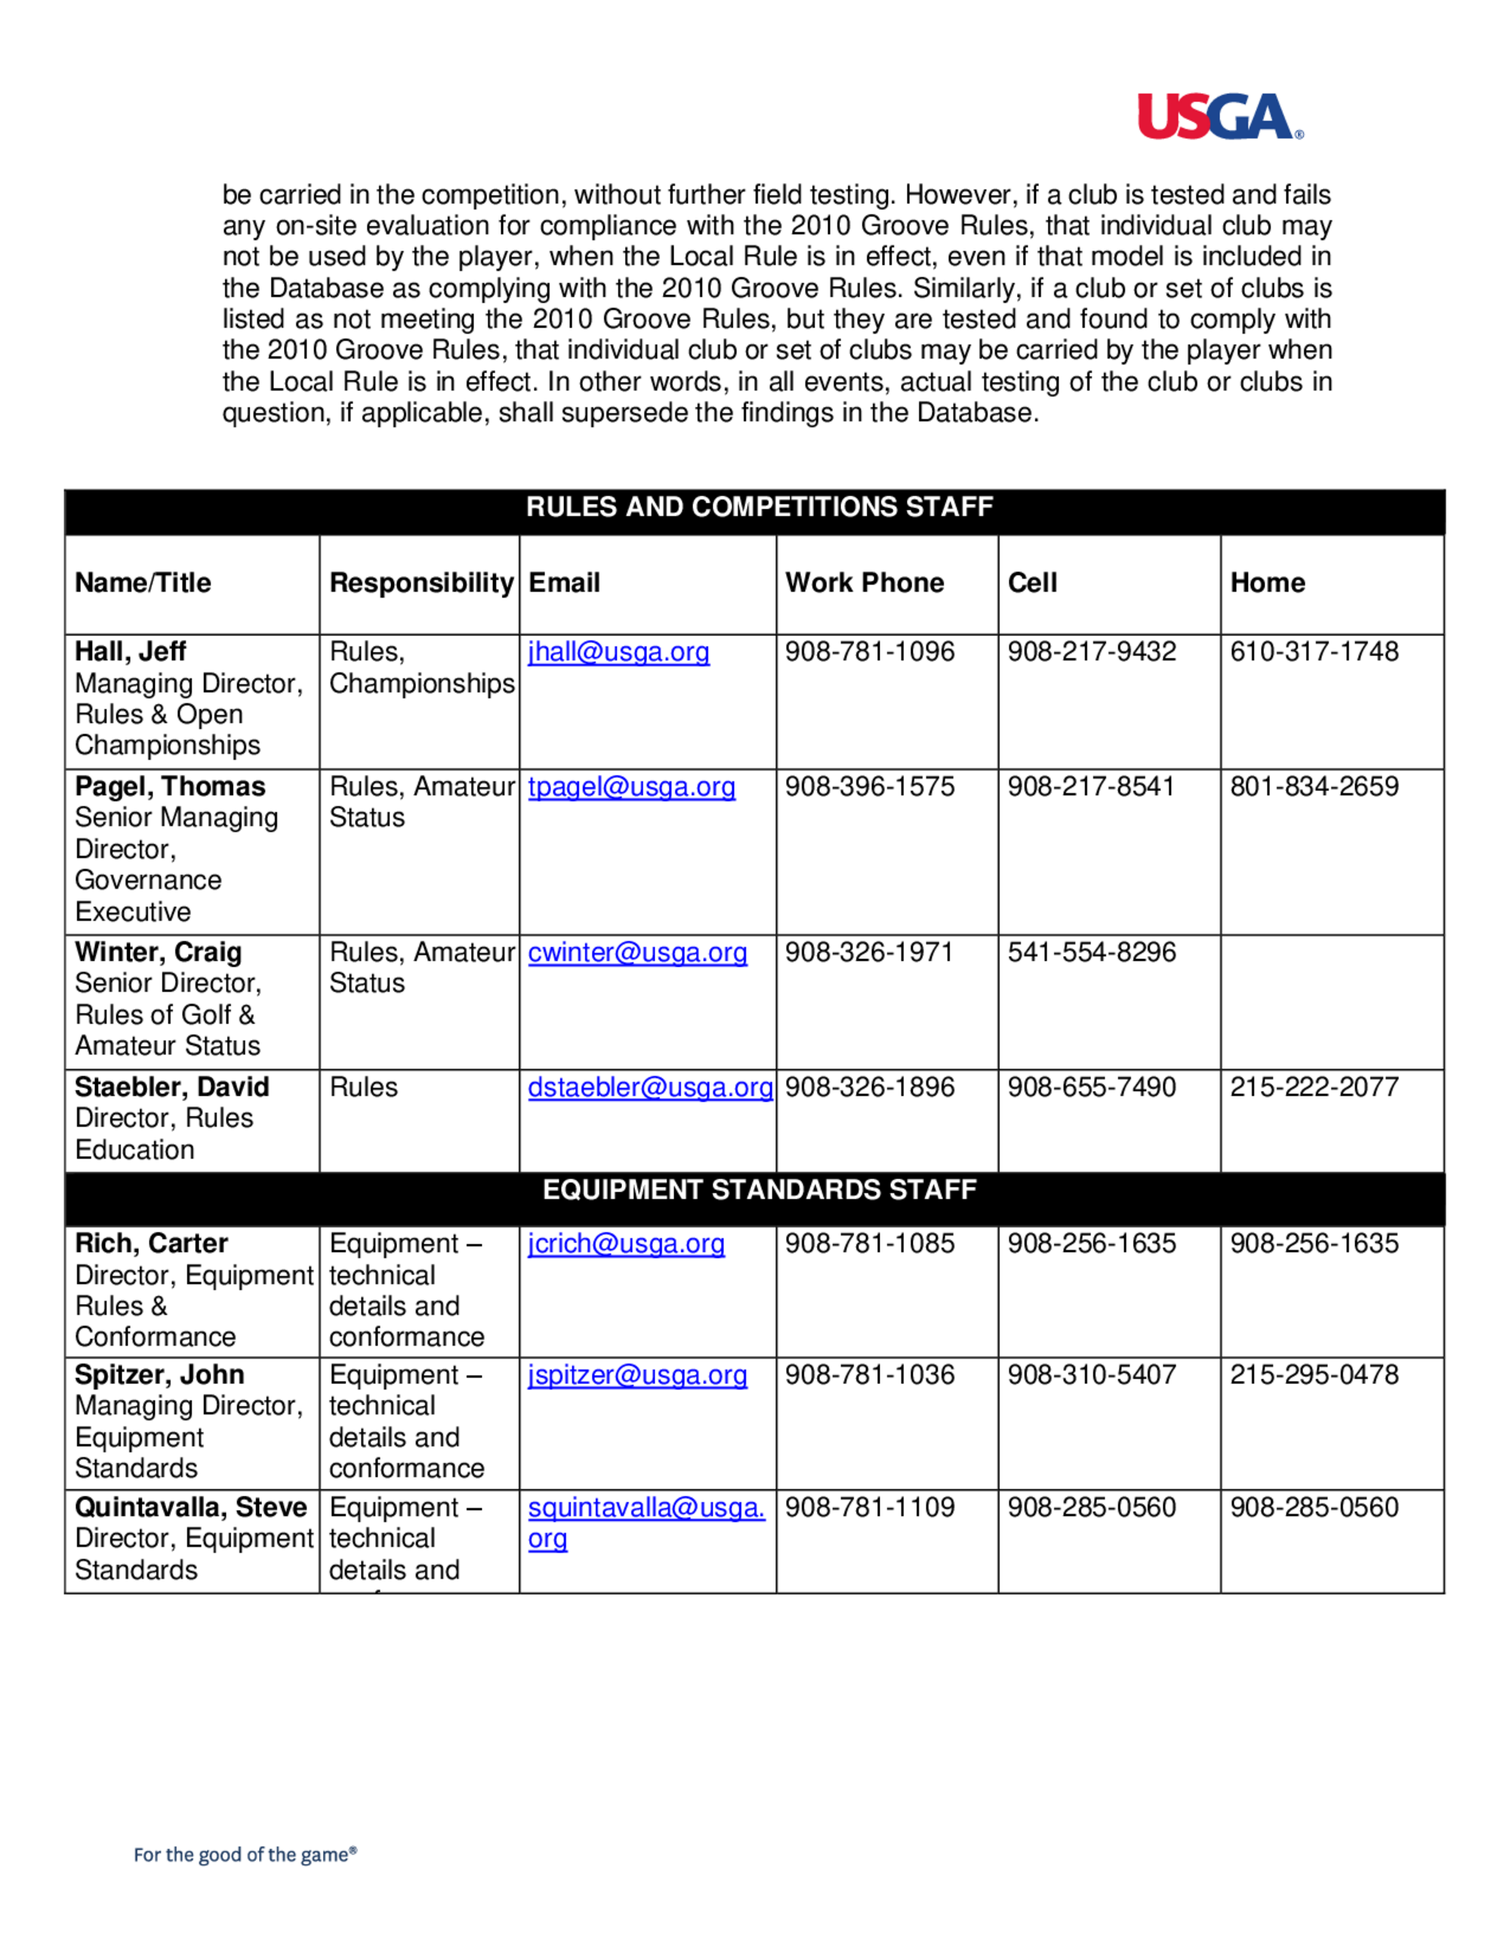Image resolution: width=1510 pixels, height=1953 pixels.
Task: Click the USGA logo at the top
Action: point(1219,117)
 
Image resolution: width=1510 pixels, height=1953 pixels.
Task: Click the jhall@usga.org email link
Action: point(618,652)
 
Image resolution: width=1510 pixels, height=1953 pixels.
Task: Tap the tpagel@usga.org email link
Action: point(631,787)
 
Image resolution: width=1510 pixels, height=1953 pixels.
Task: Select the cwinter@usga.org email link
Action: point(637,952)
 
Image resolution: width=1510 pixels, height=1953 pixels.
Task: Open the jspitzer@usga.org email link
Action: point(637,1374)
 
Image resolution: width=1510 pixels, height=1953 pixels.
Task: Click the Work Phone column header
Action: point(864,583)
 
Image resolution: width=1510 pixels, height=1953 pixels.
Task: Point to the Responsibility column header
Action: point(421,583)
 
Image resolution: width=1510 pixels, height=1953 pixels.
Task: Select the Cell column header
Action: point(1032,583)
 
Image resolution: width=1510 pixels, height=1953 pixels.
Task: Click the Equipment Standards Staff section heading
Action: point(759,1190)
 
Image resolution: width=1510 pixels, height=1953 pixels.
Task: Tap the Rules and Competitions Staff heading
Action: point(759,507)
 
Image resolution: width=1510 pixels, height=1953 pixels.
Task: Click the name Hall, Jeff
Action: point(131,652)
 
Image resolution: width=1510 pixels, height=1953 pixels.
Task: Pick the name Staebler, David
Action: point(171,1087)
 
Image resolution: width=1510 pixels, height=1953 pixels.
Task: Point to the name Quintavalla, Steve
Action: point(190,1508)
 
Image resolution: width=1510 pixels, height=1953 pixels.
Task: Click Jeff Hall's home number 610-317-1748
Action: point(1313,652)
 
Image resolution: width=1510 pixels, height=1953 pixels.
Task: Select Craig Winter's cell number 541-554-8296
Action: point(1091,952)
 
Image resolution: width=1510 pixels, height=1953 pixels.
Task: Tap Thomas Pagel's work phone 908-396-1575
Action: point(870,787)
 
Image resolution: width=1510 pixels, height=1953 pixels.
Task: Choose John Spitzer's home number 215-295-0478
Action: point(1313,1374)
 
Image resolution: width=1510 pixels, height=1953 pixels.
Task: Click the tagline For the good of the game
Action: point(245,1855)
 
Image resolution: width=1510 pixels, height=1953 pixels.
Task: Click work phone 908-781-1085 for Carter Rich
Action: point(870,1244)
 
